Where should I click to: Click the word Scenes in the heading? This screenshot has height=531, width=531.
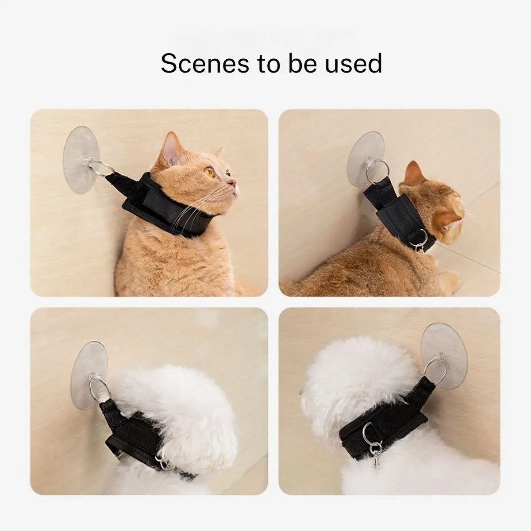click(x=205, y=64)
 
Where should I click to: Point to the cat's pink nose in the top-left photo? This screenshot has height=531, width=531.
click(x=233, y=182)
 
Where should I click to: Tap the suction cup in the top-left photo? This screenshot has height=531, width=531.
click(x=81, y=160)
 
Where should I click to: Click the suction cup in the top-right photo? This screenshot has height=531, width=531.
click(x=366, y=158)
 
